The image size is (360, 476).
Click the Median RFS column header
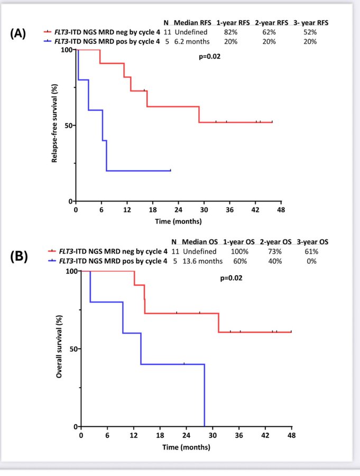coord(192,23)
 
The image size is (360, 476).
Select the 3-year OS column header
coord(313,242)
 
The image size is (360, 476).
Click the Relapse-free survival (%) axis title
coord(54,125)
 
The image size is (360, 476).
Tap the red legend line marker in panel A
coord(48,32)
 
